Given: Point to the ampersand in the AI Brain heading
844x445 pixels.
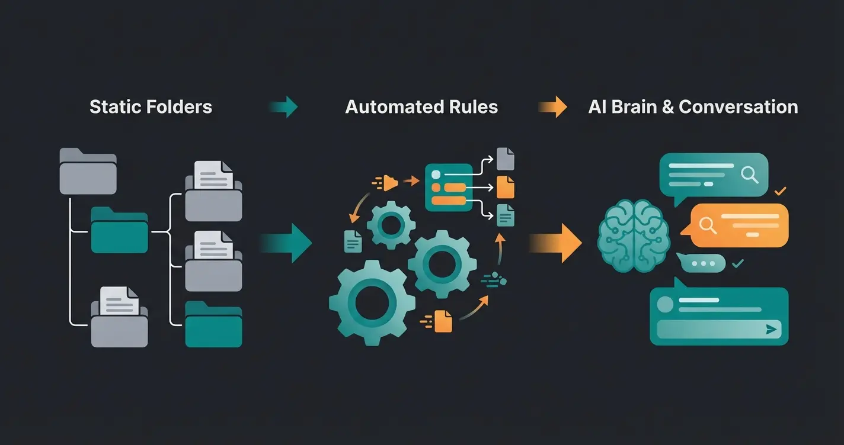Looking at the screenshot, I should tap(667, 107).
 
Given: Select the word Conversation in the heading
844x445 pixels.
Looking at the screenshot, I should tap(738, 107).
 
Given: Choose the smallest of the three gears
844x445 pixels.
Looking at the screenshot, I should tap(390, 225).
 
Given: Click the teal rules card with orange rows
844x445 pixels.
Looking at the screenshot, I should tap(449, 187).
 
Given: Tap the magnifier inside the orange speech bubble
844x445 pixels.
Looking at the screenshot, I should tap(705, 225).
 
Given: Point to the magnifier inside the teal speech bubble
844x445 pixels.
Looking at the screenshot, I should tap(749, 174).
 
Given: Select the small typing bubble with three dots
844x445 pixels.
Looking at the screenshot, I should tap(703, 263).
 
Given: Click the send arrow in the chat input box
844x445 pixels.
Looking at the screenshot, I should tap(771, 330).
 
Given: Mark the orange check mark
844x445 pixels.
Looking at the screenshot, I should tap(781, 191).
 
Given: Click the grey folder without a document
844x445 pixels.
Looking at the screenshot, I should tap(88, 172).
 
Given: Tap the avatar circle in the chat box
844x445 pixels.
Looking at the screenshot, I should tap(664, 304).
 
